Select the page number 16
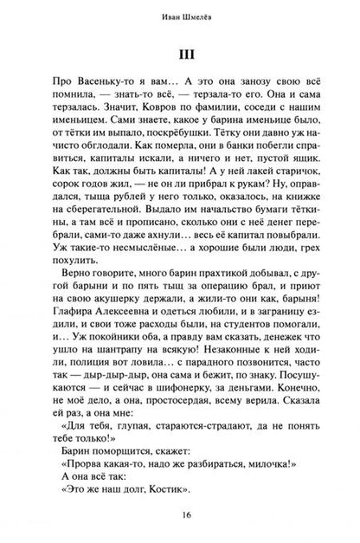[180, 514]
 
